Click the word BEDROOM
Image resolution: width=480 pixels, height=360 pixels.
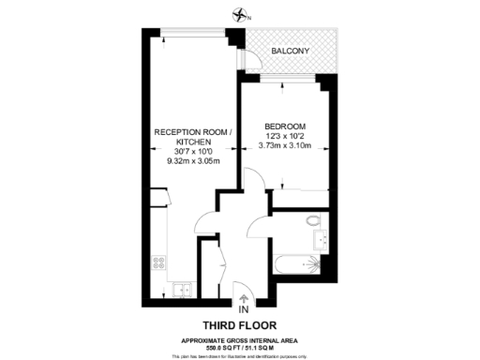[x=284, y=126]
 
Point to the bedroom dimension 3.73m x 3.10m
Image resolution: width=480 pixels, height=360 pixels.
[x=284, y=145]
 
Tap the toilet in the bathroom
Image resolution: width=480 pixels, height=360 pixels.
[x=315, y=221]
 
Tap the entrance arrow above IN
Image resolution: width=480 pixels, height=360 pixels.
[x=244, y=297]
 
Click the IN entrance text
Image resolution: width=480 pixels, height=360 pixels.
[x=244, y=308]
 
